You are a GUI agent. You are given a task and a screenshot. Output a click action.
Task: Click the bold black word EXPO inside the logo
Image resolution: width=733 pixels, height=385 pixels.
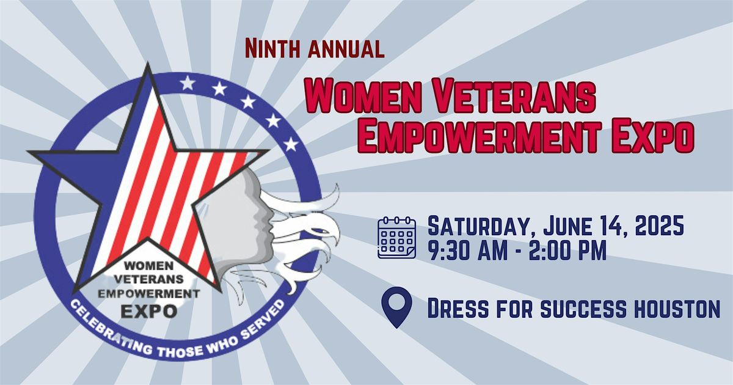(149, 310)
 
